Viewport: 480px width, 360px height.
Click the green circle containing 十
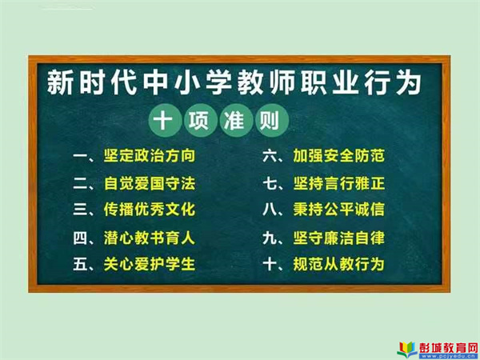[x=162, y=120]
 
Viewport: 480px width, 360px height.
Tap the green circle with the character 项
[x=198, y=120]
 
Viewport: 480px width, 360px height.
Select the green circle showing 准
[x=234, y=120]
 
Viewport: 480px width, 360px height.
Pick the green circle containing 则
[x=270, y=120]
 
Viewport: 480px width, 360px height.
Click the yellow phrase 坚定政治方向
[x=150, y=155]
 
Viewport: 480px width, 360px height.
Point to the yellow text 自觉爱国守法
[x=150, y=183]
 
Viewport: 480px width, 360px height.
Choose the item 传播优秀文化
[x=150, y=210]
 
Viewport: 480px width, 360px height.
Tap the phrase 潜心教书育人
[x=150, y=238]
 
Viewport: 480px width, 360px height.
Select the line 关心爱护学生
[x=150, y=264]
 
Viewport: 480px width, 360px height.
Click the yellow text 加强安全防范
[x=338, y=155]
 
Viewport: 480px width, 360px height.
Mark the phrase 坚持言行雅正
[x=338, y=183]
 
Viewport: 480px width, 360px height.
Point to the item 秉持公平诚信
[x=338, y=210]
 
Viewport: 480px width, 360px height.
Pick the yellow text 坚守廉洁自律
[x=338, y=238]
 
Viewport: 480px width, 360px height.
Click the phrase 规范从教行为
[x=338, y=264]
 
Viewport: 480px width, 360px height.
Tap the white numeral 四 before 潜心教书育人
[x=80, y=238]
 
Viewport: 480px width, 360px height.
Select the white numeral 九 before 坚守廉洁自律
[x=270, y=238]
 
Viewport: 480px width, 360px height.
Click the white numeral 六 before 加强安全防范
[x=270, y=156]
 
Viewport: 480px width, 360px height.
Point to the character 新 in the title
[x=60, y=82]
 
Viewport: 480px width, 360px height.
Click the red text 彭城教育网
[x=449, y=347]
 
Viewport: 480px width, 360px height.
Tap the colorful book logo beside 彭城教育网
[x=407, y=350]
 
